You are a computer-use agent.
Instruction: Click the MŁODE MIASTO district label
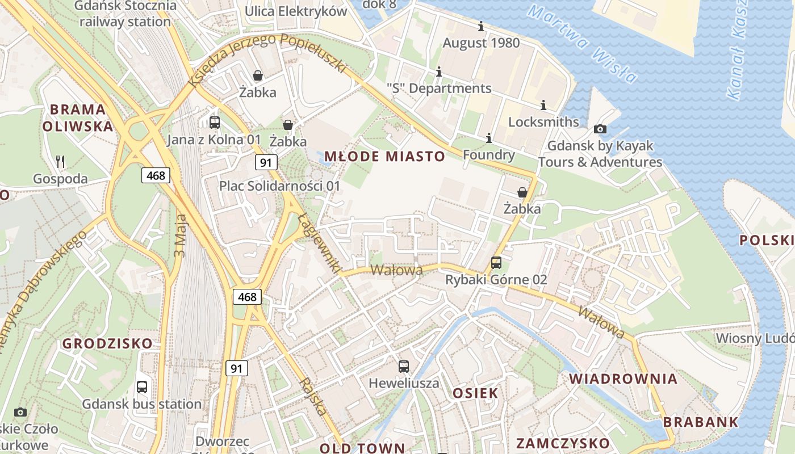[x=384, y=157]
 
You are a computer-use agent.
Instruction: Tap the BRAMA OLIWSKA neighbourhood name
[x=78, y=117]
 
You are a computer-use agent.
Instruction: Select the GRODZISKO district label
[x=107, y=343]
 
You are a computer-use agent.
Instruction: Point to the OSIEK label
[x=475, y=393]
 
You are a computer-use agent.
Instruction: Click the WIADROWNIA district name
[x=623, y=379]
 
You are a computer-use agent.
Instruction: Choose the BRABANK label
[x=701, y=422]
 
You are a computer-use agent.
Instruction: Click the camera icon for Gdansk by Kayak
[x=600, y=129]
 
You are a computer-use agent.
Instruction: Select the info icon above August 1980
[x=481, y=26]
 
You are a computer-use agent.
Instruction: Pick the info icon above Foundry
[x=488, y=138]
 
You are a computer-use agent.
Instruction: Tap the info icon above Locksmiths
[x=543, y=105]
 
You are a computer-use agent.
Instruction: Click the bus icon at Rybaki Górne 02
[x=496, y=263]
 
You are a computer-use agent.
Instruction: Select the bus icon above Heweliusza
[x=404, y=367]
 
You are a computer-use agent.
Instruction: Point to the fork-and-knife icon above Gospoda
[x=61, y=162]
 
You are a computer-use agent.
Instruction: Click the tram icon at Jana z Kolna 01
[x=215, y=122]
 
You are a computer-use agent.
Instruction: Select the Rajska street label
[x=313, y=396]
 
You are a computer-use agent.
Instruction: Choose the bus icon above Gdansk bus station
[x=142, y=387]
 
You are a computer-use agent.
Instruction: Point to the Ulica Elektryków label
[x=296, y=11]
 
